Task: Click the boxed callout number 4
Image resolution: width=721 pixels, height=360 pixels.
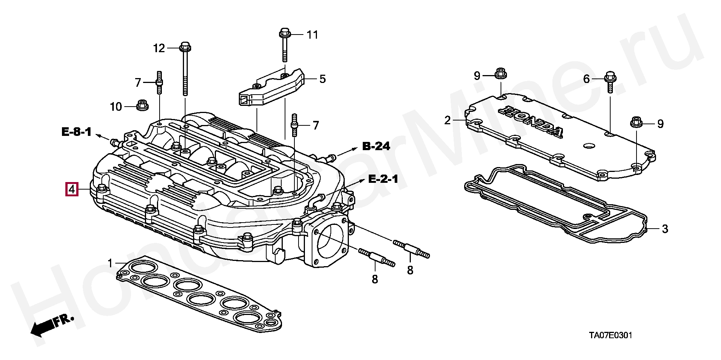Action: click(x=71, y=189)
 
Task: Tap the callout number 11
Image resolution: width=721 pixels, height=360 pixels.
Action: click(x=312, y=35)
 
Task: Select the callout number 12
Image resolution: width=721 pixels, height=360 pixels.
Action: click(x=159, y=48)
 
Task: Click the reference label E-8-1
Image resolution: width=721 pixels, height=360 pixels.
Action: click(x=77, y=132)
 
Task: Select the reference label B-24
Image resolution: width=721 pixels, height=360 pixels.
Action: click(x=376, y=146)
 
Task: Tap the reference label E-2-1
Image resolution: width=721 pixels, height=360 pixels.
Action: click(x=383, y=179)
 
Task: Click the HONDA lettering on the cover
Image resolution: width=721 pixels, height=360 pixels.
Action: click(x=531, y=121)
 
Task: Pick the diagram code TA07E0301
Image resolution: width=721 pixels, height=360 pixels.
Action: click(x=610, y=335)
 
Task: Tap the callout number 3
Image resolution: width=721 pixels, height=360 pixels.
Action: click(x=665, y=229)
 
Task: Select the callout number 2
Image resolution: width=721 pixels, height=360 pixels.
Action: click(x=447, y=120)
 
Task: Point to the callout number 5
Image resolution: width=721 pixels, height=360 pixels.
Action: click(x=323, y=79)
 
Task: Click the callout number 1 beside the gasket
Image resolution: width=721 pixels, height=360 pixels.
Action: click(x=110, y=263)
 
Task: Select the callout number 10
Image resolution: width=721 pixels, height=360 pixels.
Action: click(x=116, y=107)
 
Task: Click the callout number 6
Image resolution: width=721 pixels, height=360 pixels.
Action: click(x=587, y=79)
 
